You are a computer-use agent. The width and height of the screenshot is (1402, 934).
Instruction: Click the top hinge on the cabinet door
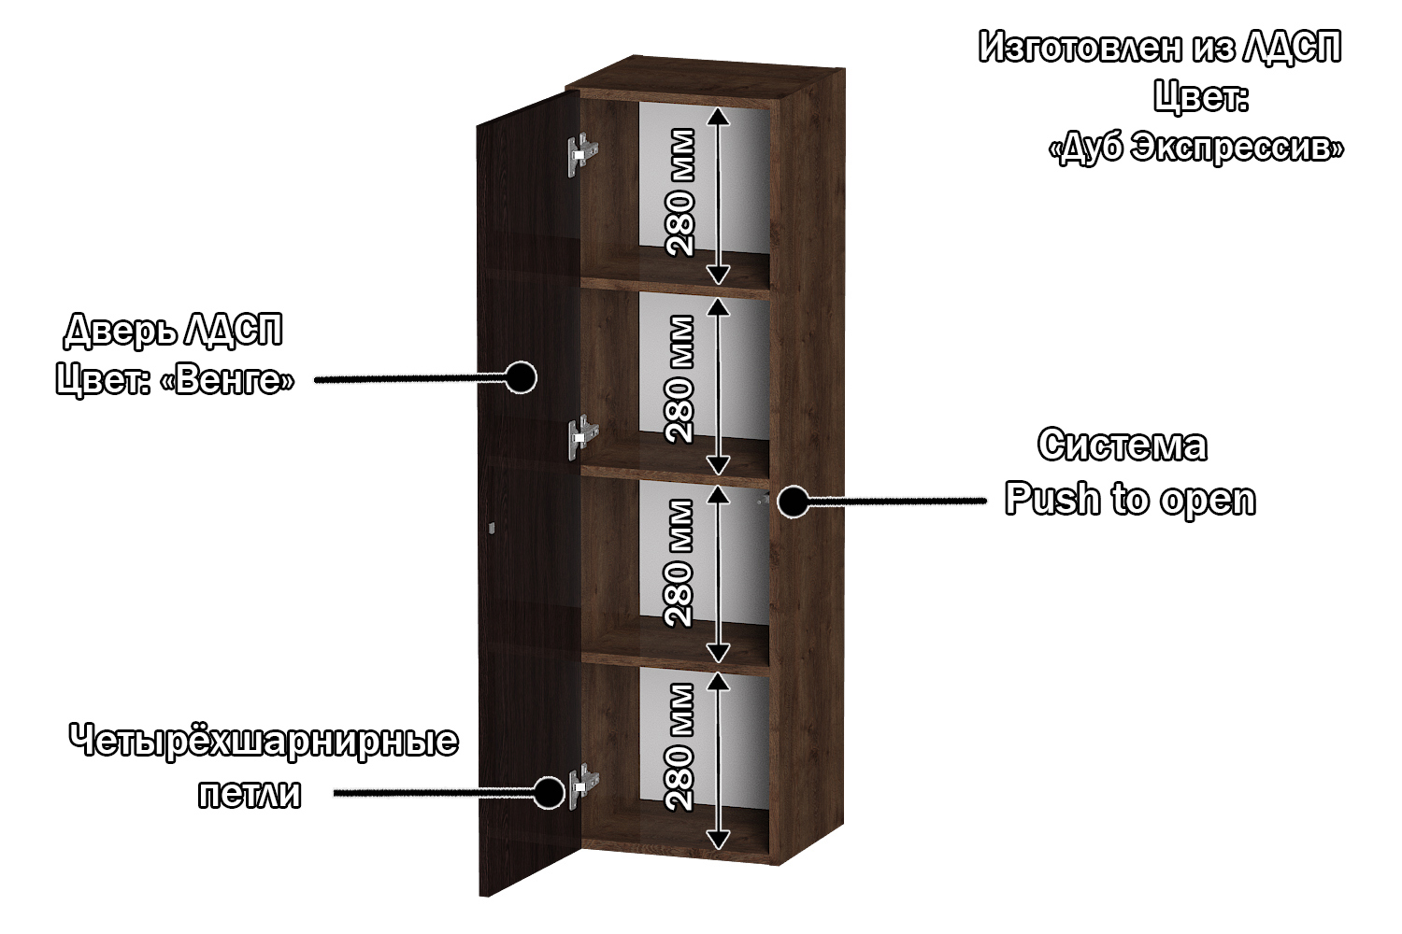(582, 154)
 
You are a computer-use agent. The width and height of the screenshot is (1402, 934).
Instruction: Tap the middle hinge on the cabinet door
(582, 437)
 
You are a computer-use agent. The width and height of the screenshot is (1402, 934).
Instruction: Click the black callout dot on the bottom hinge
(549, 793)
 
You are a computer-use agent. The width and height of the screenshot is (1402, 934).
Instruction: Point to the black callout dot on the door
(521, 376)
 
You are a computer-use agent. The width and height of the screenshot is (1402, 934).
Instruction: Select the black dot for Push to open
(794, 502)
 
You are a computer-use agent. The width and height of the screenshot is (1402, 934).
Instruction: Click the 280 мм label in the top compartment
(680, 192)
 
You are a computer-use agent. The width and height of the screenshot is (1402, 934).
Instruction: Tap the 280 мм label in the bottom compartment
(680, 747)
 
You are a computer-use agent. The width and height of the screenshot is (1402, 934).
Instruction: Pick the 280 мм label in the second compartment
(680, 379)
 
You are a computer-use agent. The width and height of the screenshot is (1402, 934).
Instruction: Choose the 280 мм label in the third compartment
(680, 563)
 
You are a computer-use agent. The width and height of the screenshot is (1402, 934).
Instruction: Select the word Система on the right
(1123, 446)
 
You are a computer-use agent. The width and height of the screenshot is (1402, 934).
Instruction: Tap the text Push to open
(1130, 499)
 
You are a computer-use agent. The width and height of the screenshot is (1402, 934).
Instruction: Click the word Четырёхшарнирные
(264, 742)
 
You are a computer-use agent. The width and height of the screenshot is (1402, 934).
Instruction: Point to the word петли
(250, 795)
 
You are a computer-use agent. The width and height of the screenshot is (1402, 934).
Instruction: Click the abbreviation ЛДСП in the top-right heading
(1291, 47)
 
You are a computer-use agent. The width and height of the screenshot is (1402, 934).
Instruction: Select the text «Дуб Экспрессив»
(1196, 148)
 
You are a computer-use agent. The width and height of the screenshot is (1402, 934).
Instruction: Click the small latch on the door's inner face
(492, 528)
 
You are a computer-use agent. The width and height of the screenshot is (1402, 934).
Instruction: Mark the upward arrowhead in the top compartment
(718, 116)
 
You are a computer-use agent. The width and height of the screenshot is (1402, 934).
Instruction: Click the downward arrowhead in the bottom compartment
(718, 841)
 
